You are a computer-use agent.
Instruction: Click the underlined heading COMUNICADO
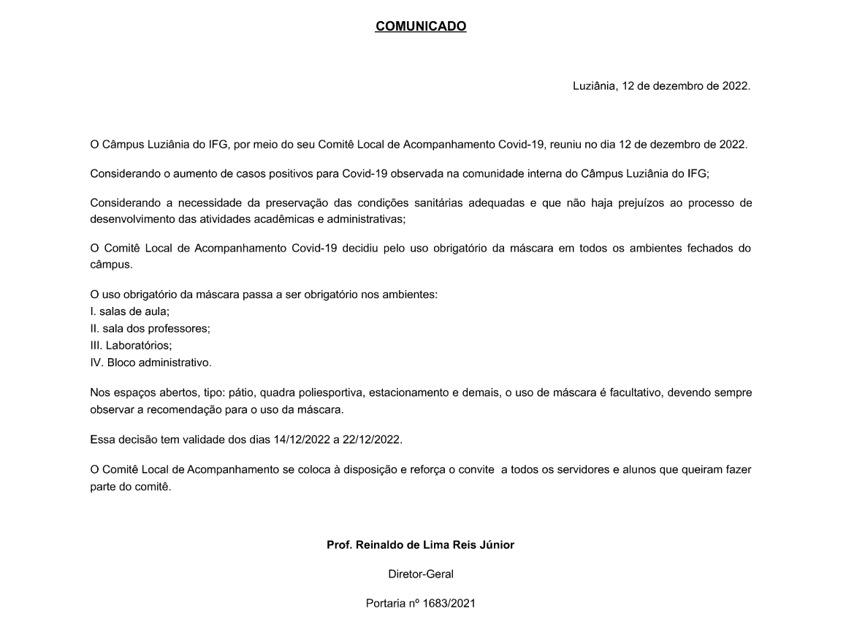421,26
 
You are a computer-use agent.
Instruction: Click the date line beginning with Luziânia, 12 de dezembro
661,86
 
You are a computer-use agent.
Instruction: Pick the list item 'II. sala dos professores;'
150,328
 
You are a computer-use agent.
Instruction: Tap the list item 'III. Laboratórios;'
131,345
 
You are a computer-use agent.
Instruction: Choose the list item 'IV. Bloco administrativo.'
150,363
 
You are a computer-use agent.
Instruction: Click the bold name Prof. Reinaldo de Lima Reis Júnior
421,545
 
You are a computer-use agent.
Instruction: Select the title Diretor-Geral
421,575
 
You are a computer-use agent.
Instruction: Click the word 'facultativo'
603,393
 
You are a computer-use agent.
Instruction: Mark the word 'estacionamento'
405,393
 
